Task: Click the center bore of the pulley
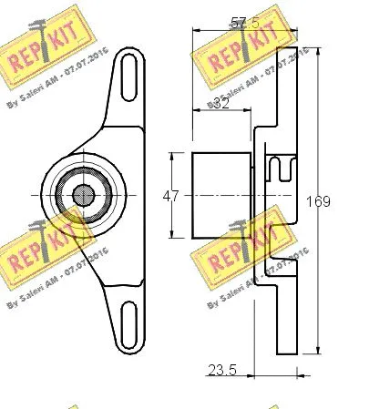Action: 82,194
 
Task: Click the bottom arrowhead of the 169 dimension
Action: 316,351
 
